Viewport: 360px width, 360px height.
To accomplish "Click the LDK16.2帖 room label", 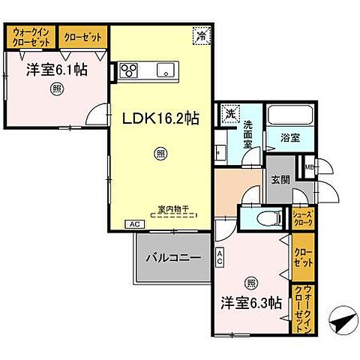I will [x=160, y=119].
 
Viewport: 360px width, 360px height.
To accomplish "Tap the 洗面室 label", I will [x=248, y=134].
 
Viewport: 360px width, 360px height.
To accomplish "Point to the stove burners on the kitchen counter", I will [x=128, y=71].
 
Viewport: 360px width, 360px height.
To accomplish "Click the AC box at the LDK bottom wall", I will [x=135, y=224].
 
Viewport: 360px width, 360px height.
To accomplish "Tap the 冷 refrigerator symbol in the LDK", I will [x=201, y=34].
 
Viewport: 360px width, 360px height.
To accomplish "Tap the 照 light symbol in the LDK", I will [x=160, y=154].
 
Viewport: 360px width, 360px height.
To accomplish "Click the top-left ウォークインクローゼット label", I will [x=30, y=37].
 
